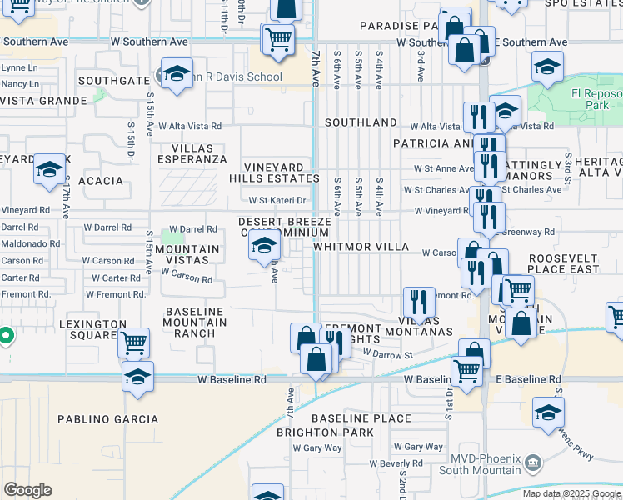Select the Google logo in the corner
pyautogui.click(x=27, y=490)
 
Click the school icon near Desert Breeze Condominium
pyautogui.click(x=265, y=244)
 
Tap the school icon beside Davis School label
pyautogui.click(x=177, y=75)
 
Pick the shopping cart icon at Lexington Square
pyautogui.click(x=133, y=342)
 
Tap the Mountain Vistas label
pyautogui.click(x=187, y=254)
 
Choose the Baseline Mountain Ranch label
pyautogui.click(x=194, y=322)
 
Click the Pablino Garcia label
pyautogui.click(x=107, y=418)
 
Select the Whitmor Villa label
pyautogui.click(x=361, y=247)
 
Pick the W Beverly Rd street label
pyautogui.click(x=396, y=463)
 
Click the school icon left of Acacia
pyautogui.click(x=49, y=171)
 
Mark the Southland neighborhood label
pyautogui.click(x=361, y=122)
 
